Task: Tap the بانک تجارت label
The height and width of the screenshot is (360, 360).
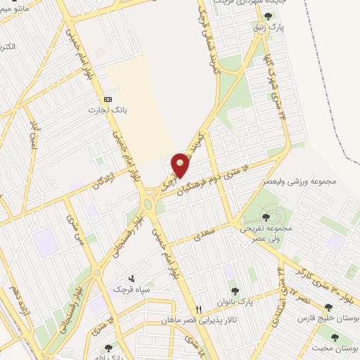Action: [x=103, y=110]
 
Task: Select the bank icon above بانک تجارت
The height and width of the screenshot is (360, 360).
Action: [x=107, y=99]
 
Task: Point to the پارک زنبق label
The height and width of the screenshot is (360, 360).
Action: [x=266, y=27]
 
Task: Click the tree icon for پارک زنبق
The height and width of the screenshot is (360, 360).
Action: [x=267, y=16]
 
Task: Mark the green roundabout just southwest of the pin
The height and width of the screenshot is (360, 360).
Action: [x=148, y=205]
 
